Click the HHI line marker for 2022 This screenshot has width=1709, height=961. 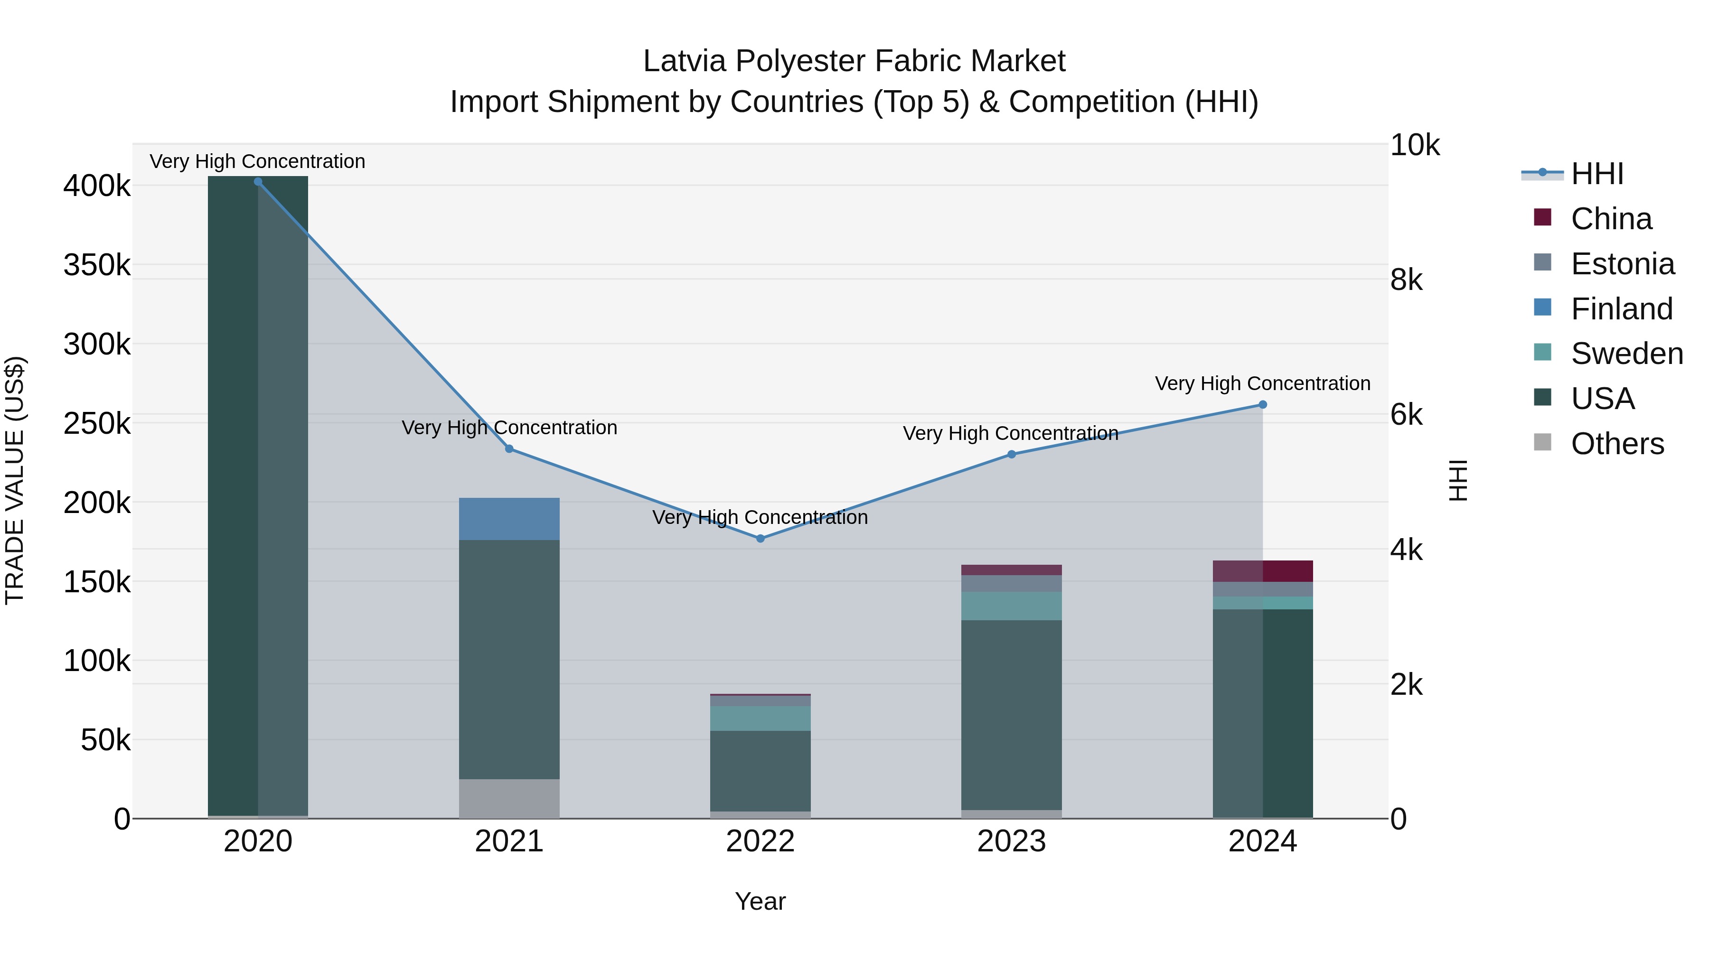click(761, 539)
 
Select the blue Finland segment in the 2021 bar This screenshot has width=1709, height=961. click(509, 519)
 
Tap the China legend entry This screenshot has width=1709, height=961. click(1610, 219)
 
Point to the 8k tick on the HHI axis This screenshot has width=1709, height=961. click(1407, 280)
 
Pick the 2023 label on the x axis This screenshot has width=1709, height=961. click(1011, 841)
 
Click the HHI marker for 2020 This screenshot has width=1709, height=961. click(258, 182)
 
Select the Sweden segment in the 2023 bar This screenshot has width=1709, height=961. click(1011, 606)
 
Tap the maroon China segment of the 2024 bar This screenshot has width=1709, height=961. click(1262, 571)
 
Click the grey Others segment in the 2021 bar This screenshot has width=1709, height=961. click(509, 799)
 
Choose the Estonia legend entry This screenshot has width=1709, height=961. click(1622, 264)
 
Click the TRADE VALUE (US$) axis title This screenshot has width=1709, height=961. click(15, 480)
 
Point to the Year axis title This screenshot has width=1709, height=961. click(761, 901)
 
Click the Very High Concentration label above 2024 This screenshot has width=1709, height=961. click(1262, 383)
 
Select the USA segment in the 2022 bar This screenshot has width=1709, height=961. click(761, 771)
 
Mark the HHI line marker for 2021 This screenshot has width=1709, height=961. click(509, 449)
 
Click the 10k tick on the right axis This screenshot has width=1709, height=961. click(1415, 145)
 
